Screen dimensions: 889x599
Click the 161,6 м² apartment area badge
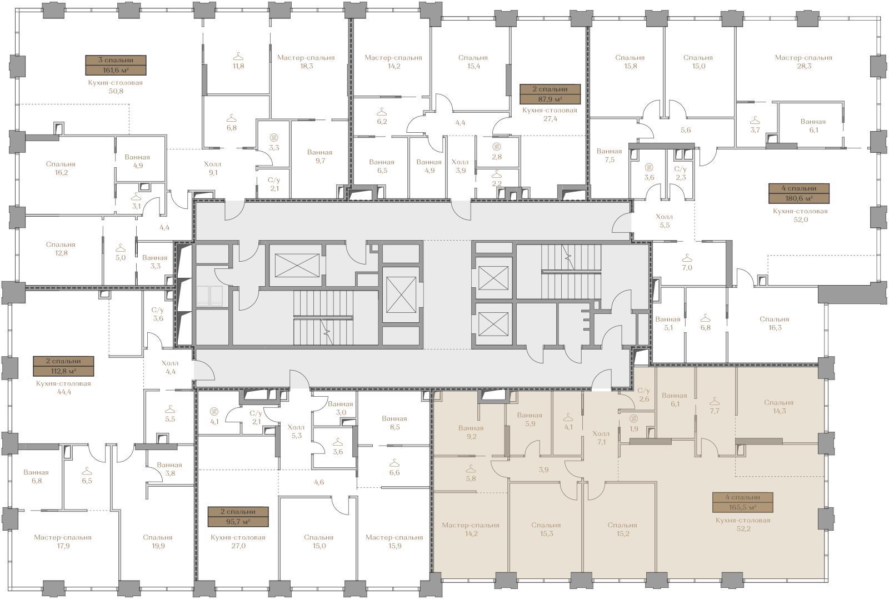116,70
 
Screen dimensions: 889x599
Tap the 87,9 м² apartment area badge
550,99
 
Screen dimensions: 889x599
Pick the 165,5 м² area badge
742,507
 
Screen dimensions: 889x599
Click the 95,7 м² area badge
238,522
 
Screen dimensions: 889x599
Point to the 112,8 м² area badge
64,371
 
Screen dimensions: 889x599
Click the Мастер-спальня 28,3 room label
803,62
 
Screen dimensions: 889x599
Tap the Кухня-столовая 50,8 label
116,87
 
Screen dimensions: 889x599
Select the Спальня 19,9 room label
158,541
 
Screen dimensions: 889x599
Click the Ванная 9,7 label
320,156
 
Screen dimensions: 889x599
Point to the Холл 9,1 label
213,168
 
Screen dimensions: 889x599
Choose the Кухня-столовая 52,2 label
743,525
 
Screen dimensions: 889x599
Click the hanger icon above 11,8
238,57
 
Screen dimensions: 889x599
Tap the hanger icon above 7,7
715,401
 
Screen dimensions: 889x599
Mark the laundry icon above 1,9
634,418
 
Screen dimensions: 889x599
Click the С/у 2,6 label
644,395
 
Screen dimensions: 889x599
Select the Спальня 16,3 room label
775,323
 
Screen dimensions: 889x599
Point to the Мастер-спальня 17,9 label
63,541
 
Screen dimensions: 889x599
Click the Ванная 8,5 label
394,423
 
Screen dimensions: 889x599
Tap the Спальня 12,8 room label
61,249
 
